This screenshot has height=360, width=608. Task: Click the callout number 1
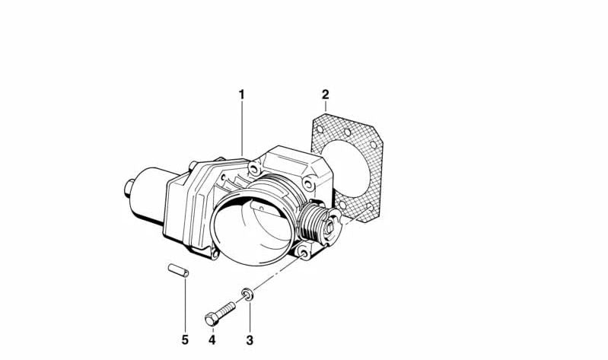242,95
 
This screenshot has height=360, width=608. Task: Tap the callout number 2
325,95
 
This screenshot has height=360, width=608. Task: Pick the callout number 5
185,339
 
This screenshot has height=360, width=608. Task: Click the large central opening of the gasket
352,171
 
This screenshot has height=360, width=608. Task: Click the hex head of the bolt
211,319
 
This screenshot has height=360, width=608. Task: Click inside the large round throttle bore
253,228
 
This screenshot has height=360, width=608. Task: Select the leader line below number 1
242,126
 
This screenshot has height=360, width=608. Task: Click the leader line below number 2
325,108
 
